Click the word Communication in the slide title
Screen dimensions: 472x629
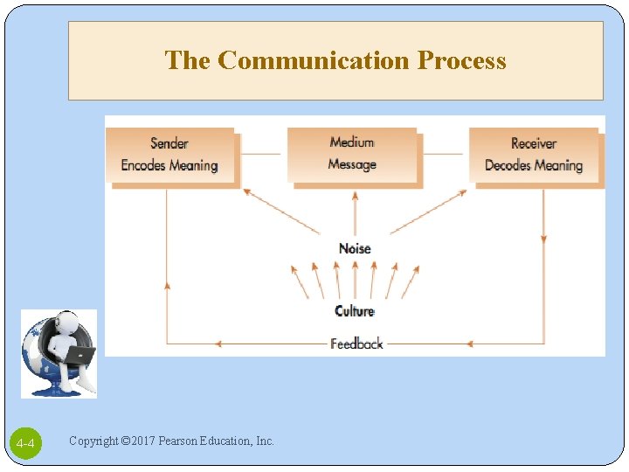click(x=314, y=60)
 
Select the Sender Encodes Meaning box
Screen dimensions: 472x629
click(x=170, y=156)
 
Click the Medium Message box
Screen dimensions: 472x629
click(x=353, y=155)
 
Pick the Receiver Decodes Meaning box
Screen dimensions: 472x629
click(x=534, y=156)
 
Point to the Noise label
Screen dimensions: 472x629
click(x=355, y=249)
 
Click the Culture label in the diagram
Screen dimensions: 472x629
click(x=355, y=311)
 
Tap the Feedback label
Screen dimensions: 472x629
click(x=356, y=344)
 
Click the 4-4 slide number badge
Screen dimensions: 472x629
click(x=26, y=445)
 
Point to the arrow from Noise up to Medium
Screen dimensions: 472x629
click(x=355, y=214)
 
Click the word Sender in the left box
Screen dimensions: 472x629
click(x=169, y=143)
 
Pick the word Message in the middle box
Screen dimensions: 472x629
click(x=352, y=164)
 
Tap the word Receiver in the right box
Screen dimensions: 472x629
click(x=534, y=143)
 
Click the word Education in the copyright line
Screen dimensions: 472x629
click(x=229, y=441)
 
